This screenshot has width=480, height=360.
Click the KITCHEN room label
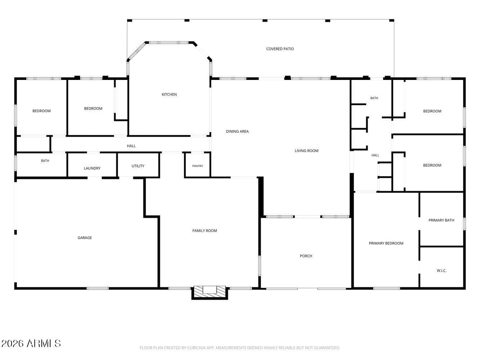169,94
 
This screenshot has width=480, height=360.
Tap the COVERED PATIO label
280,49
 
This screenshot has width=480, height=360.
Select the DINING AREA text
237,131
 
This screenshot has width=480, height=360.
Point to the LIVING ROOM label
306,150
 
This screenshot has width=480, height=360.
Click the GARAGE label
85,238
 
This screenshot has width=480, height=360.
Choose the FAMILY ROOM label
205,231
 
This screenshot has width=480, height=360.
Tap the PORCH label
306,256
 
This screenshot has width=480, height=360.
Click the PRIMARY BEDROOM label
386,243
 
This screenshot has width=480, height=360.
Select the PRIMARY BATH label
441,220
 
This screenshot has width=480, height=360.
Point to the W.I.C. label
441,271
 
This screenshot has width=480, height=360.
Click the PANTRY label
197,166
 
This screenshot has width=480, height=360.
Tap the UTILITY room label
138,166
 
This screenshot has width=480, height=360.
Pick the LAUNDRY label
92,168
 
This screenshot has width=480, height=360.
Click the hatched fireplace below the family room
210,292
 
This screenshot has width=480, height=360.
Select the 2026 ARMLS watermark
31,343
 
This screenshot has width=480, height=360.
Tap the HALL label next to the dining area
131,146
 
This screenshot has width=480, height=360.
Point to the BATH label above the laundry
45,161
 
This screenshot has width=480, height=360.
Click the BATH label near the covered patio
374,98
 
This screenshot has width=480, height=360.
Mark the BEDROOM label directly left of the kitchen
93,108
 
